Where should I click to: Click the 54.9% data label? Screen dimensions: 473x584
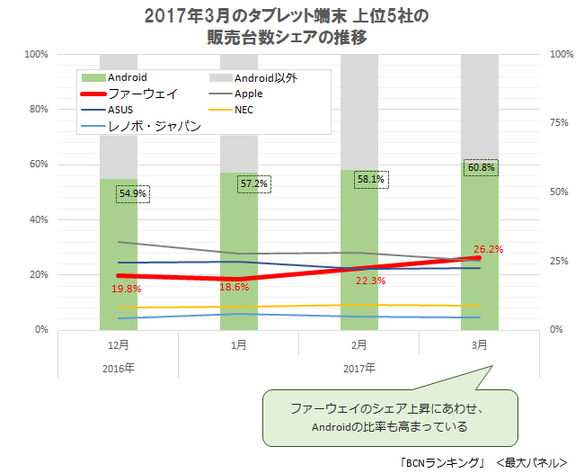click(x=133, y=193)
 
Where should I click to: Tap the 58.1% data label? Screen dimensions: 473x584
click(x=369, y=179)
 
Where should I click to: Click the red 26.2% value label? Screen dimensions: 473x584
click(x=488, y=250)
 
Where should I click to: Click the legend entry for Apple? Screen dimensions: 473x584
click(x=248, y=94)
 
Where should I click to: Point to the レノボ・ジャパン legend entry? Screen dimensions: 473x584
click(x=153, y=127)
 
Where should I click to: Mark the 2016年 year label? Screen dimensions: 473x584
click(x=118, y=368)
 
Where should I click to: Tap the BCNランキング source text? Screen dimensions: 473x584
click(x=439, y=461)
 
